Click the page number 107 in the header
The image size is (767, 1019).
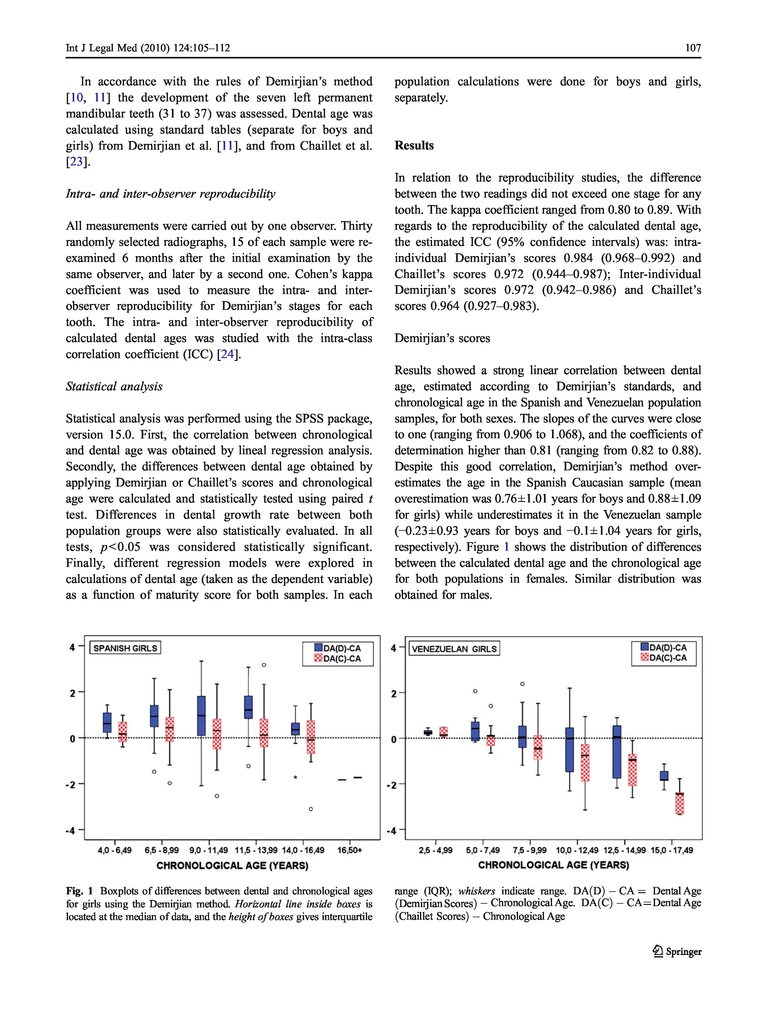[x=692, y=48]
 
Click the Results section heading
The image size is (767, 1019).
[x=414, y=146]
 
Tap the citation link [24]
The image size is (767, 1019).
[x=228, y=354]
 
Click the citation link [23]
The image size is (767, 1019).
[x=76, y=162]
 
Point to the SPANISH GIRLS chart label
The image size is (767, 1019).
[x=125, y=648]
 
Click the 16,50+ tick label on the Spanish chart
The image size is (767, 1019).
[x=350, y=850]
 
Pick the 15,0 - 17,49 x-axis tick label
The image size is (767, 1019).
[x=672, y=850]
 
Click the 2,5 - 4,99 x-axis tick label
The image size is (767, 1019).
[x=436, y=850]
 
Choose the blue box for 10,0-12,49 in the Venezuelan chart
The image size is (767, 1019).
[x=569, y=750]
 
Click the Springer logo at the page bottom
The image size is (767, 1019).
[x=677, y=951]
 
